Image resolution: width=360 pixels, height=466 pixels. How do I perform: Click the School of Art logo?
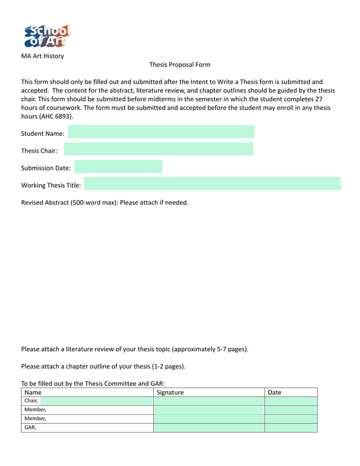[x=47, y=36]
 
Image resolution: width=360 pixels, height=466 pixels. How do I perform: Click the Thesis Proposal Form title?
[x=179, y=65]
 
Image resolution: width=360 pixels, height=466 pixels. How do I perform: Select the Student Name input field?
[x=161, y=132]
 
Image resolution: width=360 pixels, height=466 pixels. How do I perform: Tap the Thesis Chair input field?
[x=159, y=149]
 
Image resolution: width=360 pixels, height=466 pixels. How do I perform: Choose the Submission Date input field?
[x=118, y=167]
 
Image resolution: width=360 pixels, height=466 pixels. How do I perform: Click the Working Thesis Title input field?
[x=212, y=183]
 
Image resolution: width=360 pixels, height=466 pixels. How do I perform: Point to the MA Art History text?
[x=42, y=56]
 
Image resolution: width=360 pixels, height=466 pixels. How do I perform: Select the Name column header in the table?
[x=33, y=392]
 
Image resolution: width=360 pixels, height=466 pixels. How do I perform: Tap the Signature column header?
[x=170, y=392]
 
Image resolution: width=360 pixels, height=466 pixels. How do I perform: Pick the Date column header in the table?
[x=274, y=392]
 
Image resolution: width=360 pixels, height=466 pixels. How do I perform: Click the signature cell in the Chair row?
[x=209, y=401]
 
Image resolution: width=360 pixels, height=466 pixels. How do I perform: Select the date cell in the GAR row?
[x=291, y=428]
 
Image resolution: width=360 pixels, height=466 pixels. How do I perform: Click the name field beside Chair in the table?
[x=96, y=401]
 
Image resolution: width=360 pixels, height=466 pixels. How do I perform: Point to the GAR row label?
[x=30, y=428]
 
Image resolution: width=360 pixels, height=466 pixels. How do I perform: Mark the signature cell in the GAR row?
[x=209, y=428]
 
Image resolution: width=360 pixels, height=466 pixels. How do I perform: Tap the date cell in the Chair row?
[x=291, y=401]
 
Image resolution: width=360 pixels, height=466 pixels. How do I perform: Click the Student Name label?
[x=43, y=134]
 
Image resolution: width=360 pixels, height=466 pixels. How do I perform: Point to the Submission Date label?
[x=46, y=168]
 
